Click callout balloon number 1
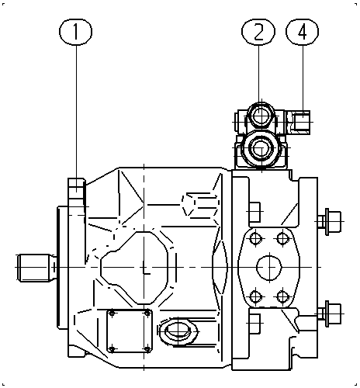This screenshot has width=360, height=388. pyautogui.click(x=75, y=32)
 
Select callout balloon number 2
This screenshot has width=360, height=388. pyautogui.click(x=258, y=32)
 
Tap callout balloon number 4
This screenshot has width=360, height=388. pyautogui.click(x=302, y=32)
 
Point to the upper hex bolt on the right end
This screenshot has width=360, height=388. pyautogui.click(x=329, y=222)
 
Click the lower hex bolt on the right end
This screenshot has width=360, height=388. pyautogui.click(x=329, y=314)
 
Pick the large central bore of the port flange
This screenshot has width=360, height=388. pyautogui.click(x=269, y=268)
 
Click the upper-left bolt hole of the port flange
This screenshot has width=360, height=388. pyautogui.click(x=255, y=238)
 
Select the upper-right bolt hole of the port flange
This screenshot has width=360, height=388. pyautogui.click(x=282, y=238)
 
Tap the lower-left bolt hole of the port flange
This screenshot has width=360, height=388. pyautogui.click(x=255, y=296)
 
